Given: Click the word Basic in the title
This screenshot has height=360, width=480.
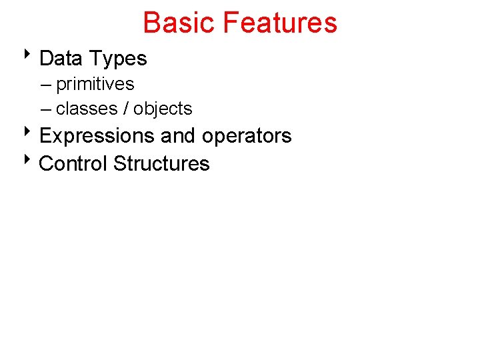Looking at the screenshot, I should tap(179, 23).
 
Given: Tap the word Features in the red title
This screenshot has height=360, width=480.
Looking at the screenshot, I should tap(280, 23).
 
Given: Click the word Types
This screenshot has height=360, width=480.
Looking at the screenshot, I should tap(119, 59).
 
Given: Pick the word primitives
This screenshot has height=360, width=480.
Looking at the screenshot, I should tap(95, 85).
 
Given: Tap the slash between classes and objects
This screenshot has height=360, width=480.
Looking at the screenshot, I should tap(125, 109).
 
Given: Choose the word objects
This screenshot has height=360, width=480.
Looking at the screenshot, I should tap(163, 109).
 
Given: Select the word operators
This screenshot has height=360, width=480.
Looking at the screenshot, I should tap(247, 136).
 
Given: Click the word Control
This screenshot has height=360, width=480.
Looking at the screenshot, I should tap(73, 163).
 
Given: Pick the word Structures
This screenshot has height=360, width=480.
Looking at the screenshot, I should tap(161, 163).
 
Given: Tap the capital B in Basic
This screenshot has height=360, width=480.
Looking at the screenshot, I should tap(152, 23).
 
